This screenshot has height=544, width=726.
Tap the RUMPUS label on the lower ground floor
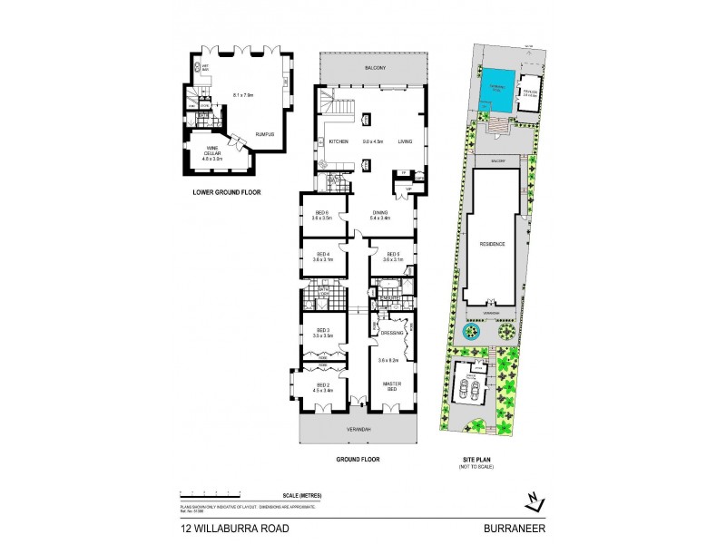[x=264, y=134]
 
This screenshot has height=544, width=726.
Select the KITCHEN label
[x=338, y=141]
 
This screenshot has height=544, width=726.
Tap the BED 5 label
[x=393, y=254]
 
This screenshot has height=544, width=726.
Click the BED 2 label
[x=324, y=386]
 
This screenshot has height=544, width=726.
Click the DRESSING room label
[x=391, y=333]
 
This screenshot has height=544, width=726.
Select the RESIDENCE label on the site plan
[x=493, y=244]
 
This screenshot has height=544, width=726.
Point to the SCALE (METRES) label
[x=302, y=495]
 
